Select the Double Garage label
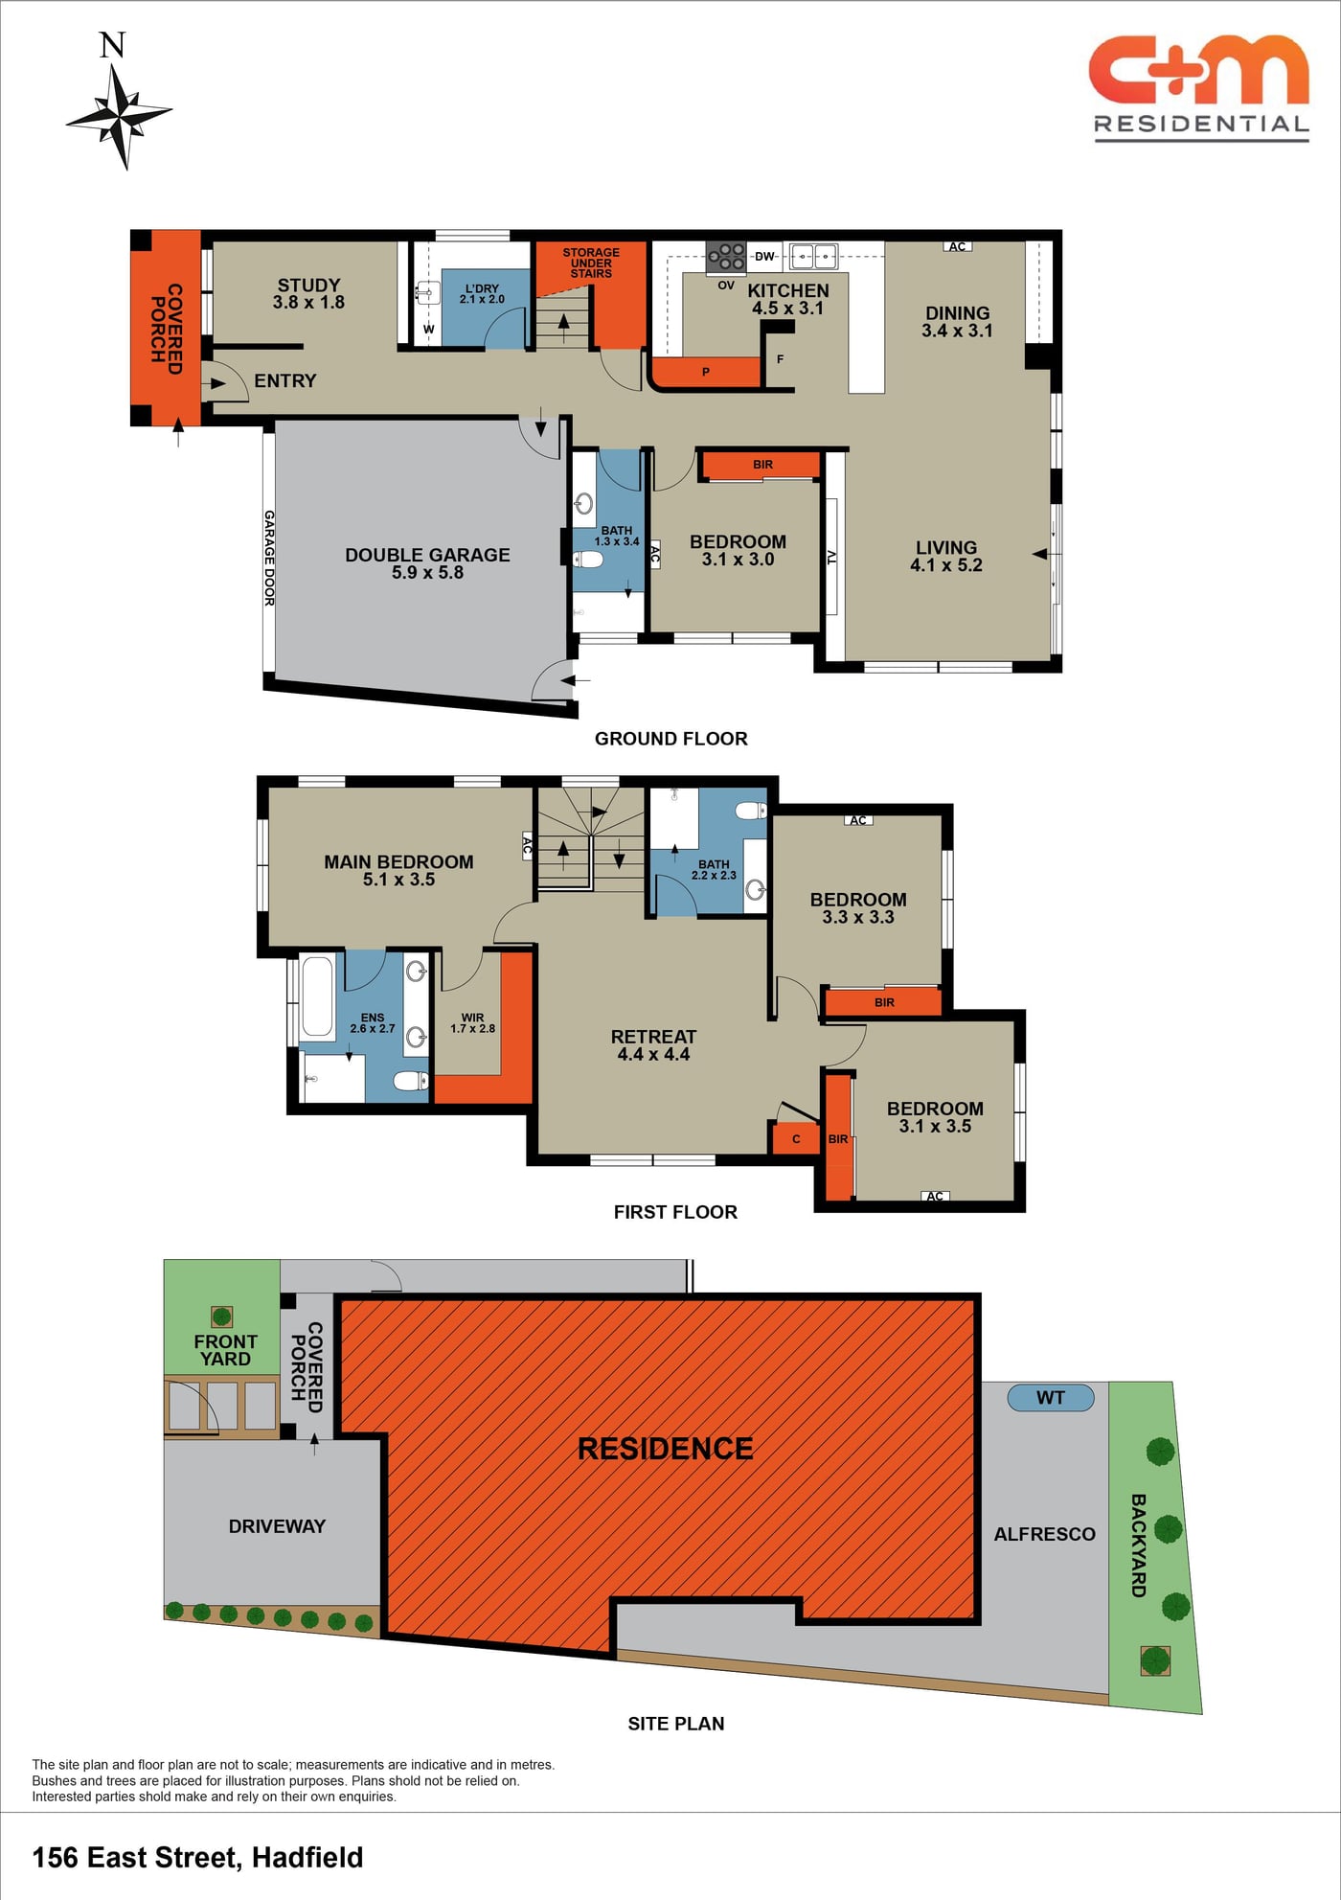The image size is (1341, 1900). (x=427, y=563)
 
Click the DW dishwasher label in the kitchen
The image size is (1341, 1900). (x=764, y=256)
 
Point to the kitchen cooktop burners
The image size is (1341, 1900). (x=725, y=256)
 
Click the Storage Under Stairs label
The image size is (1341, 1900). (x=591, y=263)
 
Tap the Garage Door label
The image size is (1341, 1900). (x=269, y=558)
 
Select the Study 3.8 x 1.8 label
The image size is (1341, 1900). (x=308, y=293)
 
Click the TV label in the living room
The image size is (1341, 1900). (x=831, y=557)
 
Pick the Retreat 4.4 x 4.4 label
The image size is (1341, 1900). (x=653, y=1045)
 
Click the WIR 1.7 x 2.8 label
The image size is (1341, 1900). (x=473, y=1023)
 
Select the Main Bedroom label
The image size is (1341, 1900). (x=398, y=870)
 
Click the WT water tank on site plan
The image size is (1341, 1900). (x=1051, y=1398)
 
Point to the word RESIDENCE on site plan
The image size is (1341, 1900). (x=666, y=1449)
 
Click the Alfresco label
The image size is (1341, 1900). (x=1044, y=1534)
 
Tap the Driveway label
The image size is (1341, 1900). (x=277, y=1526)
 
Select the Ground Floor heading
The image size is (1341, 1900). (x=670, y=739)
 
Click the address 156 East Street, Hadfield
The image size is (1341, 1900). (x=198, y=1858)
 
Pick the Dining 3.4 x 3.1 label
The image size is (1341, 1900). (x=957, y=322)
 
